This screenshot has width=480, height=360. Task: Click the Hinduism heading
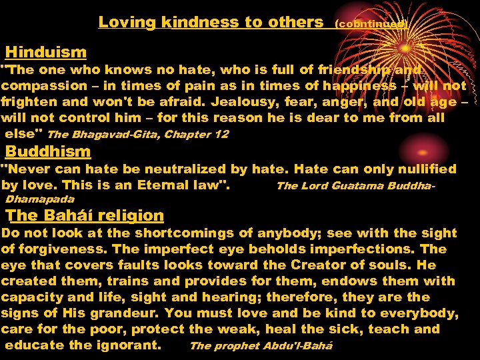tap(46, 52)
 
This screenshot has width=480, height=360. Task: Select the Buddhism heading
tap(48, 151)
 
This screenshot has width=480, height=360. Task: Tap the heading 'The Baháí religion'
tap(85, 215)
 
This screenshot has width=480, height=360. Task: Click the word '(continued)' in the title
tap(371, 23)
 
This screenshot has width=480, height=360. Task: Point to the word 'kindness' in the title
tap(209, 22)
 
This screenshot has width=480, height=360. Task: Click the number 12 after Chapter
tap(221, 134)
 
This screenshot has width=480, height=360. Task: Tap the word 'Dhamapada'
tap(40, 199)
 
